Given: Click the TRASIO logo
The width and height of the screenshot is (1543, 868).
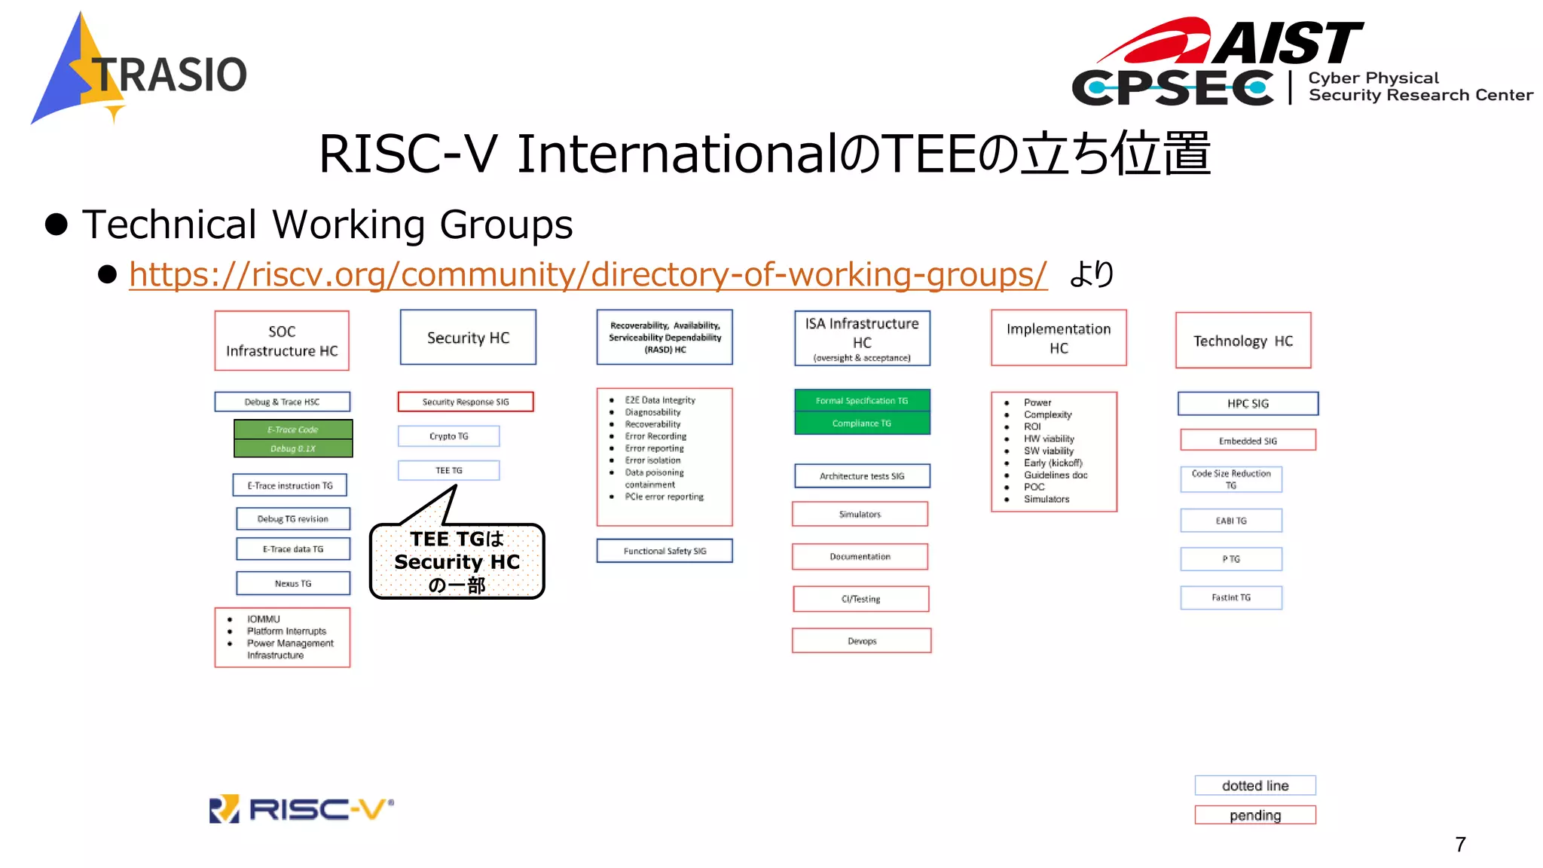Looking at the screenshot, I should coord(140,72).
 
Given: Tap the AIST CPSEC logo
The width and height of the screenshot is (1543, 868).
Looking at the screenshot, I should coord(1302,63).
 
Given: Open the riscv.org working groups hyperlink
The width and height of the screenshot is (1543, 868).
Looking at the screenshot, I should coord(588,274).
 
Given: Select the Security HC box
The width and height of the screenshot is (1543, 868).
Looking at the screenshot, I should coord(468,338).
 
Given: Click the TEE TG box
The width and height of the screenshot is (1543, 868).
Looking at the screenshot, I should coord(449,470).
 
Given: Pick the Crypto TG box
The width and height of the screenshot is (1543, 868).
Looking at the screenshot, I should coord(449,436).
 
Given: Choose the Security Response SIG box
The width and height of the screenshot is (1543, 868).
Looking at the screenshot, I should coord(466,402).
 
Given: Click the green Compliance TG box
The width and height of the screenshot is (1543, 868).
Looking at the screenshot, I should coord(862,423).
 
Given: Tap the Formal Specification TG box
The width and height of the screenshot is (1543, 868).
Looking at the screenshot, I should coord(862,401).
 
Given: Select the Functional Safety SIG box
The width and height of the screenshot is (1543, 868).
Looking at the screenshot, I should coord(665,551).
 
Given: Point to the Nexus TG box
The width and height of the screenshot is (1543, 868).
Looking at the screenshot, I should coord(293,583).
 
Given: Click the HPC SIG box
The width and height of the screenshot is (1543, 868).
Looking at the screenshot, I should coord(1248,403).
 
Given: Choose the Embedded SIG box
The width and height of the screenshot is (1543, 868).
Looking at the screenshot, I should coord(1248,441).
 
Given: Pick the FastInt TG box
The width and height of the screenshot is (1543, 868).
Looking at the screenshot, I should coord(1231,598).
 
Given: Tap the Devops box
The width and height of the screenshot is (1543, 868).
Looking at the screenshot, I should coord(862,641).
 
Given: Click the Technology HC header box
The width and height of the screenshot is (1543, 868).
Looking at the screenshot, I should coord(1243,341).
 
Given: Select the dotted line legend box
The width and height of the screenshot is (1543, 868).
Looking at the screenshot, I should coord(1255,785).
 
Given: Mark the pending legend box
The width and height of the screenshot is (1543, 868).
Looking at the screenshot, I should coord(1255,815).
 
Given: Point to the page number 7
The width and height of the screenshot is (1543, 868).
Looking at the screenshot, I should coord(1460,845).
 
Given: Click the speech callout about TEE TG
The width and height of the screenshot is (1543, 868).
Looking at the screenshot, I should coord(457,561).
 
